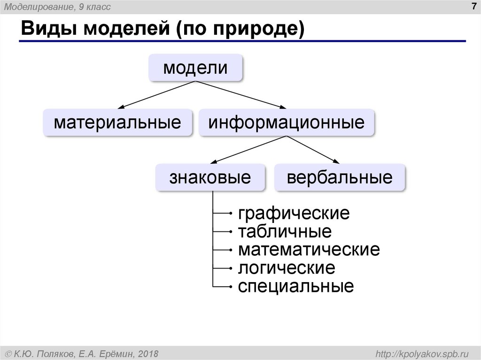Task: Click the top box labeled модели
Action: pos(195,68)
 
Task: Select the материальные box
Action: pos(117,123)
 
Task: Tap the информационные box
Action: pos(287,123)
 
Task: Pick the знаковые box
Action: pos(210,177)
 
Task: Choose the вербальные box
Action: pos(339,177)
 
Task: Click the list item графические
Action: pos(294,214)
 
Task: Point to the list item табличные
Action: pos(285,231)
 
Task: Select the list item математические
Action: pos(309,249)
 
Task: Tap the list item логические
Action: pos(287,268)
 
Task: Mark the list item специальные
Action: pos(295,286)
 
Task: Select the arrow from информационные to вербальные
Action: pos(312,149)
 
